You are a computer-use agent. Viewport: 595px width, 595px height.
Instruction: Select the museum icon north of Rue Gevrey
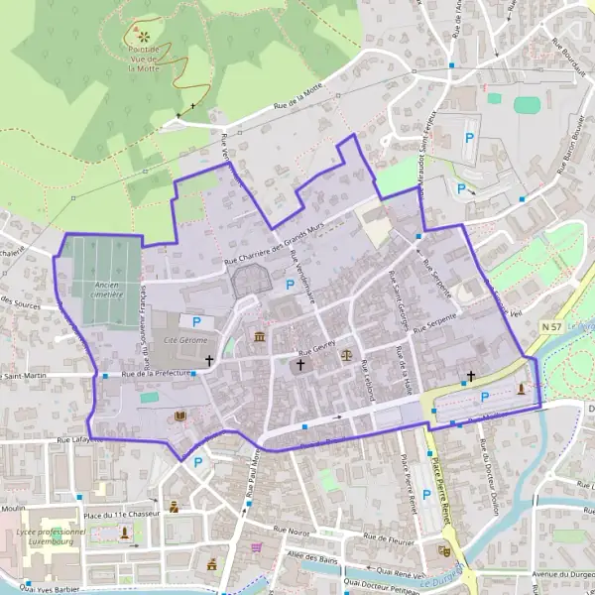[260, 338]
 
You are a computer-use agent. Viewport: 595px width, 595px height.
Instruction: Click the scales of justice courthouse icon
[346, 352]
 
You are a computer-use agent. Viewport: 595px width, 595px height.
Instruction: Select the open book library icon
[179, 416]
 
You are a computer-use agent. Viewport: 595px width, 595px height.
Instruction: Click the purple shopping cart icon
[257, 546]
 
